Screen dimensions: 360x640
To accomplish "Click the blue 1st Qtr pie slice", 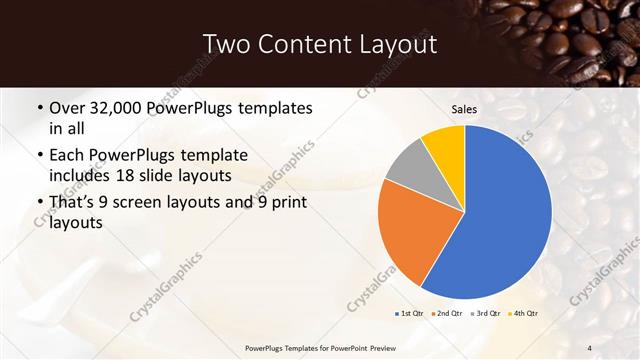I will click(x=500, y=215).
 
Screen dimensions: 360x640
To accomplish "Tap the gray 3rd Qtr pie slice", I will click(x=411, y=166).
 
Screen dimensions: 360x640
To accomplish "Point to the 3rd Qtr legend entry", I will click(x=486, y=313).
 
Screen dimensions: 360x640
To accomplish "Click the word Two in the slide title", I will click(x=226, y=44).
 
